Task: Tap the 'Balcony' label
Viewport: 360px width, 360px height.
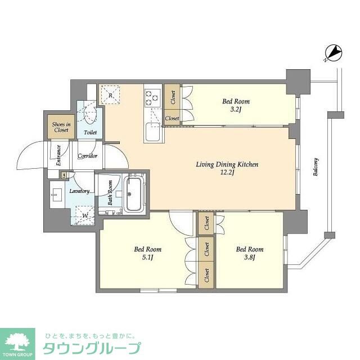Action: (x=316, y=167)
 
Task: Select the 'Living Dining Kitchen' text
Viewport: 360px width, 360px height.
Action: (x=227, y=164)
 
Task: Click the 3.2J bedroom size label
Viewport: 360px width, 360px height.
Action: (x=236, y=110)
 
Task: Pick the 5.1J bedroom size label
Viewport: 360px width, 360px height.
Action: (x=147, y=258)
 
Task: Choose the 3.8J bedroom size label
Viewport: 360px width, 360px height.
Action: (x=249, y=258)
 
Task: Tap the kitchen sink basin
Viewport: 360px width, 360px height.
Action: (x=152, y=133)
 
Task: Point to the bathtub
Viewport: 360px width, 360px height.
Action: (x=134, y=195)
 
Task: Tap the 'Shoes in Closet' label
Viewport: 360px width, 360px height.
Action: (x=61, y=127)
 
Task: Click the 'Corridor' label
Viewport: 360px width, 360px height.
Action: (x=88, y=156)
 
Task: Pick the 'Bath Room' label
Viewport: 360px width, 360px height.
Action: (x=110, y=192)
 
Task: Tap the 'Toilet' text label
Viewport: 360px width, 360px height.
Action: (x=90, y=133)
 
